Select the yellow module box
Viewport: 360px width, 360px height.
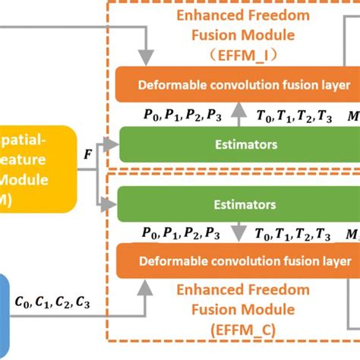click(x=34, y=167)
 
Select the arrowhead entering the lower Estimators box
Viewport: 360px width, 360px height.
click(x=114, y=205)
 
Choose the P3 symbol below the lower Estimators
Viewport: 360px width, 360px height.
click(x=215, y=233)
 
